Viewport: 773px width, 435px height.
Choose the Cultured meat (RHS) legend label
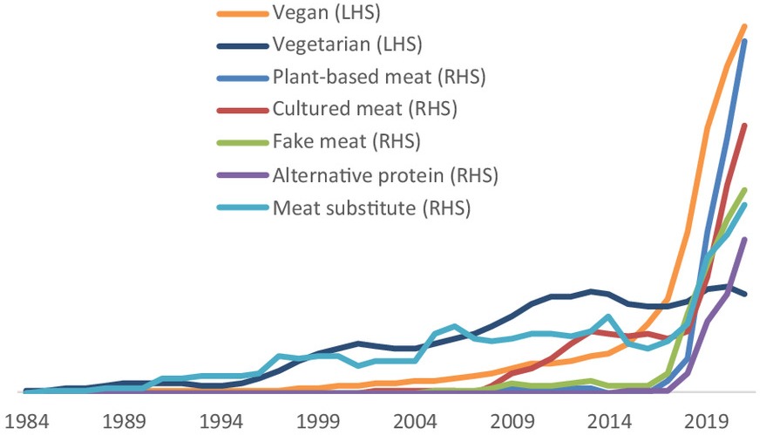364,109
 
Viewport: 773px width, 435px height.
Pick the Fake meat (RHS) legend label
346,141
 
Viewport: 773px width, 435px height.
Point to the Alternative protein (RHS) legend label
384,174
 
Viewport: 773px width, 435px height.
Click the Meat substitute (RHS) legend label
371,207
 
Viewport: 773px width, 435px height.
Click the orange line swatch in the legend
241,13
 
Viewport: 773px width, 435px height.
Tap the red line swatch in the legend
241,110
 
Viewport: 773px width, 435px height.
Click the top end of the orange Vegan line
745,26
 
